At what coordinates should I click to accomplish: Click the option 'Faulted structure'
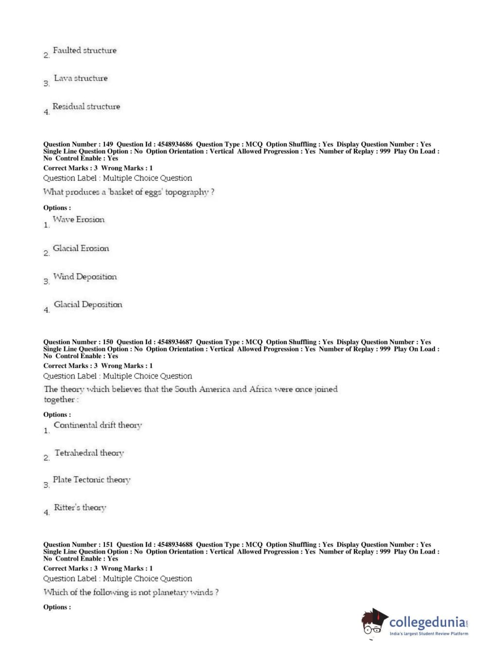[x=84, y=51]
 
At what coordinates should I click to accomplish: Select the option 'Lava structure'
[x=81, y=78]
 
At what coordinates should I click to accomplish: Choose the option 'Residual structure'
[x=86, y=106]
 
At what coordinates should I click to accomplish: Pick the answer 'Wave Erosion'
[x=78, y=220]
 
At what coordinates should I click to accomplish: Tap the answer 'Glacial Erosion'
[x=81, y=248]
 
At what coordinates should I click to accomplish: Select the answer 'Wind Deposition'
[x=84, y=277]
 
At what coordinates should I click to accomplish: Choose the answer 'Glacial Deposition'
[x=88, y=305]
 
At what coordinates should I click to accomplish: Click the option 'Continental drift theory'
[x=98, y=425]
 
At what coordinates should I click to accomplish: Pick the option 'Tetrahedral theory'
[x=89, y=453]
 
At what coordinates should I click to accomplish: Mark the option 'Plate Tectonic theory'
[x=91, y=480]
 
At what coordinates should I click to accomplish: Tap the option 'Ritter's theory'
[x=80, y=508]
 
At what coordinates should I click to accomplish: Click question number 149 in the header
[x=108, y=144]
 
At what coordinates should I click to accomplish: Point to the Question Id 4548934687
[x=175, y=342]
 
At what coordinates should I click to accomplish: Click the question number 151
[x=108, y=545]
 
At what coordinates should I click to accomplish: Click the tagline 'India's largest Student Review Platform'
[x=429, y=634]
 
